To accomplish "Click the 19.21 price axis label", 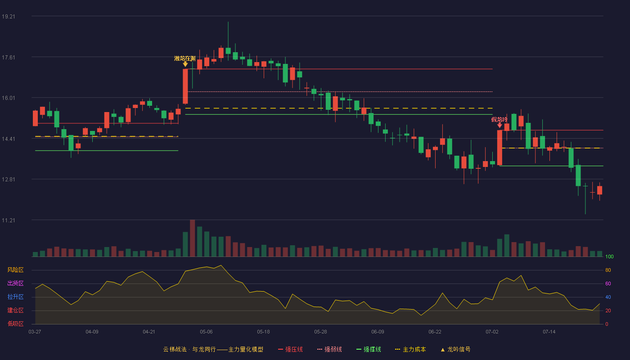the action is coord(9,17).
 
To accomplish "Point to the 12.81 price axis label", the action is coord(9,180).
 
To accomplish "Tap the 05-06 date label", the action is coord(206,332).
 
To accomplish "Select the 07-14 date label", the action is coord(549,332).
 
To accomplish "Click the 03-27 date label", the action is coord(35,332).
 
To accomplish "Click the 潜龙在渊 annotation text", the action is coord(185,58).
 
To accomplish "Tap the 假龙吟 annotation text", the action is coord(499,120).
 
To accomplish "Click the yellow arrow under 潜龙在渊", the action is coord(185,64).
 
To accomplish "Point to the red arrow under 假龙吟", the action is coord(499,125).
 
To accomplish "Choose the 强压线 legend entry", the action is coord(290,349).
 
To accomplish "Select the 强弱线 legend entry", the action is coord(329,349).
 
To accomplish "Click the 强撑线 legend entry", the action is coord(369,349).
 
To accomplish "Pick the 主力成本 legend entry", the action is coord(410,349).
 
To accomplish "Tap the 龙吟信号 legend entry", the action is coord(455,349).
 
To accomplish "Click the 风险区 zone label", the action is coord(15,270).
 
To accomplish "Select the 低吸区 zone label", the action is coord(15,324).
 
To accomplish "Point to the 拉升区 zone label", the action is coord(15,297).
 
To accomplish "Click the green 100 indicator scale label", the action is coord(609,256).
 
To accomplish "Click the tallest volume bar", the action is coord(193,238).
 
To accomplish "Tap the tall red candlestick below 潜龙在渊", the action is coord(185,86).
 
